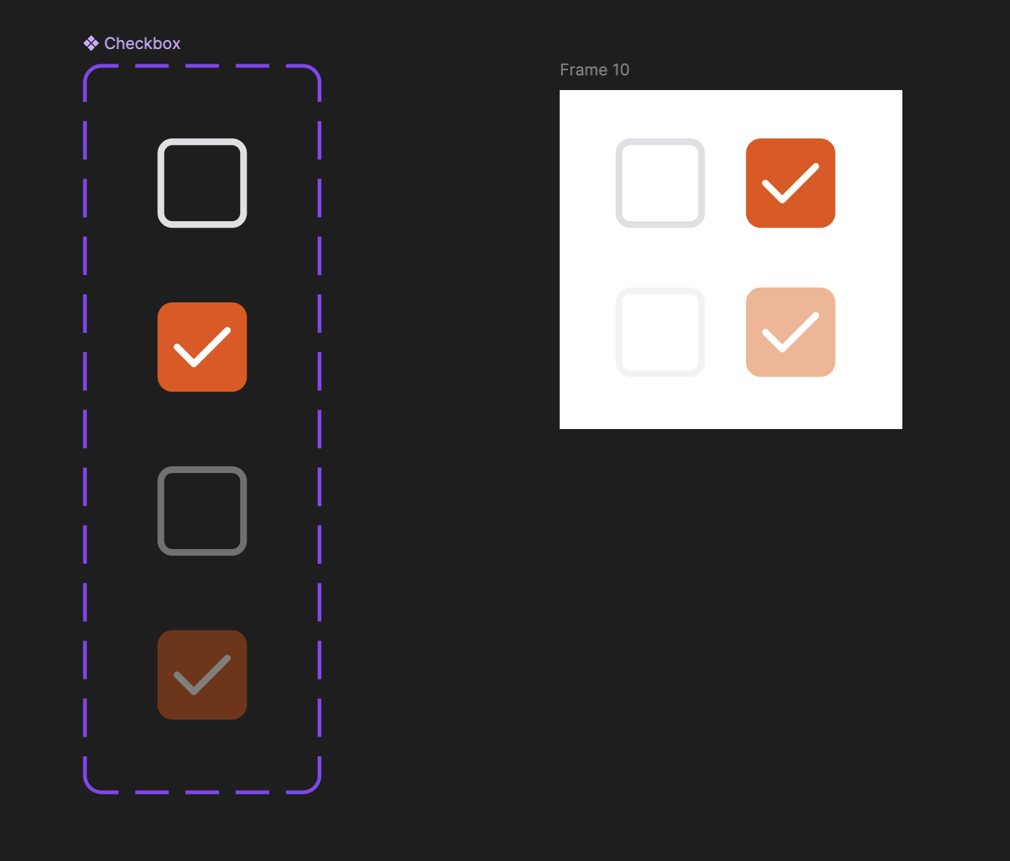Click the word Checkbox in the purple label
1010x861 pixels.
tap(142, 43)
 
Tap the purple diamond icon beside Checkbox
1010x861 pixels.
tap(91, 43)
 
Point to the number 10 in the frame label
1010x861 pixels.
tap(621, 70)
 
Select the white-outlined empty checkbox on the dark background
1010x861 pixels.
tap(161, 183)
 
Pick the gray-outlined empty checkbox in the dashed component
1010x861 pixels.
tap(161, 511)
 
